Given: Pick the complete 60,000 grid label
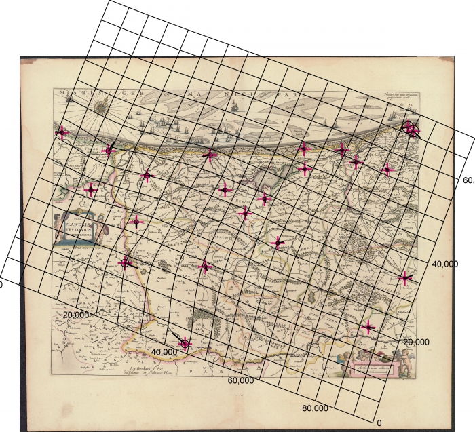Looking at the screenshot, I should click(240, 380).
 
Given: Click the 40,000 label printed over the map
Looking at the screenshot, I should click(164, 352).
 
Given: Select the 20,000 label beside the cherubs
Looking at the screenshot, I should click(415, 342).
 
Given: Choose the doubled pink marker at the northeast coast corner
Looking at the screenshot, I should click(411, 127).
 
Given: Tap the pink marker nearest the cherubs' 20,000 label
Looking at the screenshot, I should click(368, 328).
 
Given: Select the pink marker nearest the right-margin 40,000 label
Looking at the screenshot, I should click(405, 277).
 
